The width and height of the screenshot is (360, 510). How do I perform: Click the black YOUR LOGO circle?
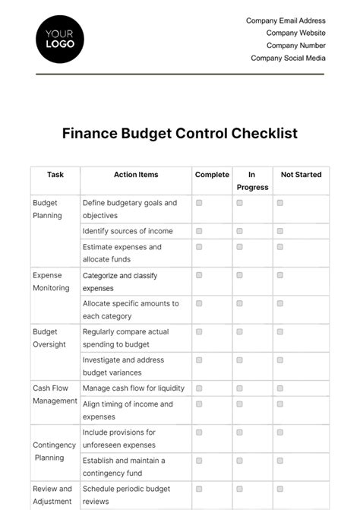click(60, 39)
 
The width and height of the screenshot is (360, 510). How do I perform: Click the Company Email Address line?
click(286, 21)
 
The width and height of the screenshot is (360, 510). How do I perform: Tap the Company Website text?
click(295, 33)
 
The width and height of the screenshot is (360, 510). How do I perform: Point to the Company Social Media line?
click(288, 58)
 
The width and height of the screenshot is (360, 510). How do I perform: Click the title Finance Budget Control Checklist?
click(180, 134)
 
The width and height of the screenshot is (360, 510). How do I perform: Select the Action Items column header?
click(136, 175)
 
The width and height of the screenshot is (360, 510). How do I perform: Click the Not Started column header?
click(301, 175)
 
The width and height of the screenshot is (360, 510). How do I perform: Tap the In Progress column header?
click(252, 181)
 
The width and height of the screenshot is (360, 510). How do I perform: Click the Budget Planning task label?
click(47, 209)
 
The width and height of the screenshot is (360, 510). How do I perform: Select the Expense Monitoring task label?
click(51, 281)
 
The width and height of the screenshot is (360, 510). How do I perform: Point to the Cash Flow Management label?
click(55, 394)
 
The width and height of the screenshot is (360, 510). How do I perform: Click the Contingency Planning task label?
click(54, 451)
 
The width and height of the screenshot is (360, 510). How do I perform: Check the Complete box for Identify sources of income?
click(199, 231)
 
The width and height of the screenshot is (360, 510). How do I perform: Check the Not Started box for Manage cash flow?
click(279, 388)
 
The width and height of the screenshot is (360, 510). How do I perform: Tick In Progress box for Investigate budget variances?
click(239, 360)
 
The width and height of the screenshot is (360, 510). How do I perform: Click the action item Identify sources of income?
click(128, 231)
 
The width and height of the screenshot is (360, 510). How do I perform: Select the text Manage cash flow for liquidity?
click(133, 388)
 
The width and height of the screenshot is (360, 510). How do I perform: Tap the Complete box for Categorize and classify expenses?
click(199, 275)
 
